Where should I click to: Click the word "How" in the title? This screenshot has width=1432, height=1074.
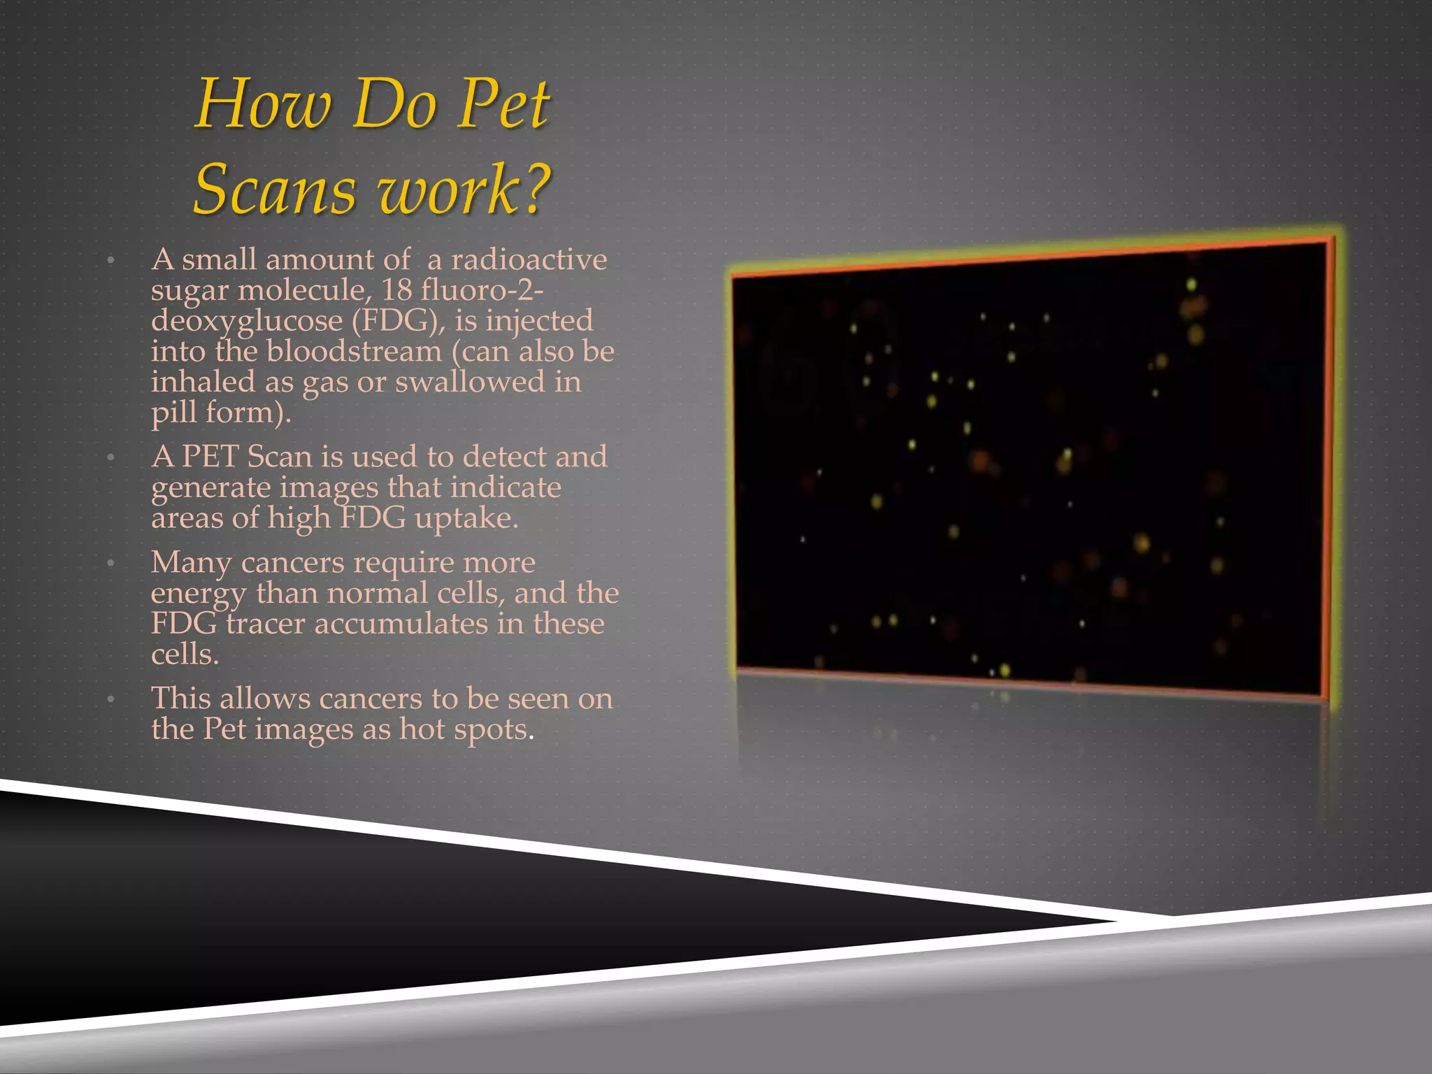tap(263, 105)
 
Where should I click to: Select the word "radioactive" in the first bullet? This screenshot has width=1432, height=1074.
tap(529, 259)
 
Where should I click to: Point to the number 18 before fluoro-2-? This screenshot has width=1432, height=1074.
tap(396, 289)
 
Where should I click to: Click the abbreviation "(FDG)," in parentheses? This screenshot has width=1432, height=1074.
tap(398, 321)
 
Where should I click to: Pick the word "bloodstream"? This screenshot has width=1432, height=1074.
tap(355, 351)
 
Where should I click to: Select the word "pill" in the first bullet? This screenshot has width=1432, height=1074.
tap(174, 413)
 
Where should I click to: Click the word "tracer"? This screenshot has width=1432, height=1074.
tap(265, 624)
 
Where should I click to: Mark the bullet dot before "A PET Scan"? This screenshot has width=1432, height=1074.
tap(110, 458)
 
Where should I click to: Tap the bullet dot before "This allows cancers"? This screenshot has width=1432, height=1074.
tap(110, 699)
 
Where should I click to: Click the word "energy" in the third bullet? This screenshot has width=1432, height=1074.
tap(199, 594)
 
